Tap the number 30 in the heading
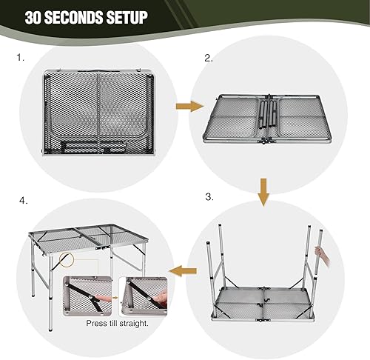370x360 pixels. [x=36, y=18]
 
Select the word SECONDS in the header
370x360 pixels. [x=74, y=18]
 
